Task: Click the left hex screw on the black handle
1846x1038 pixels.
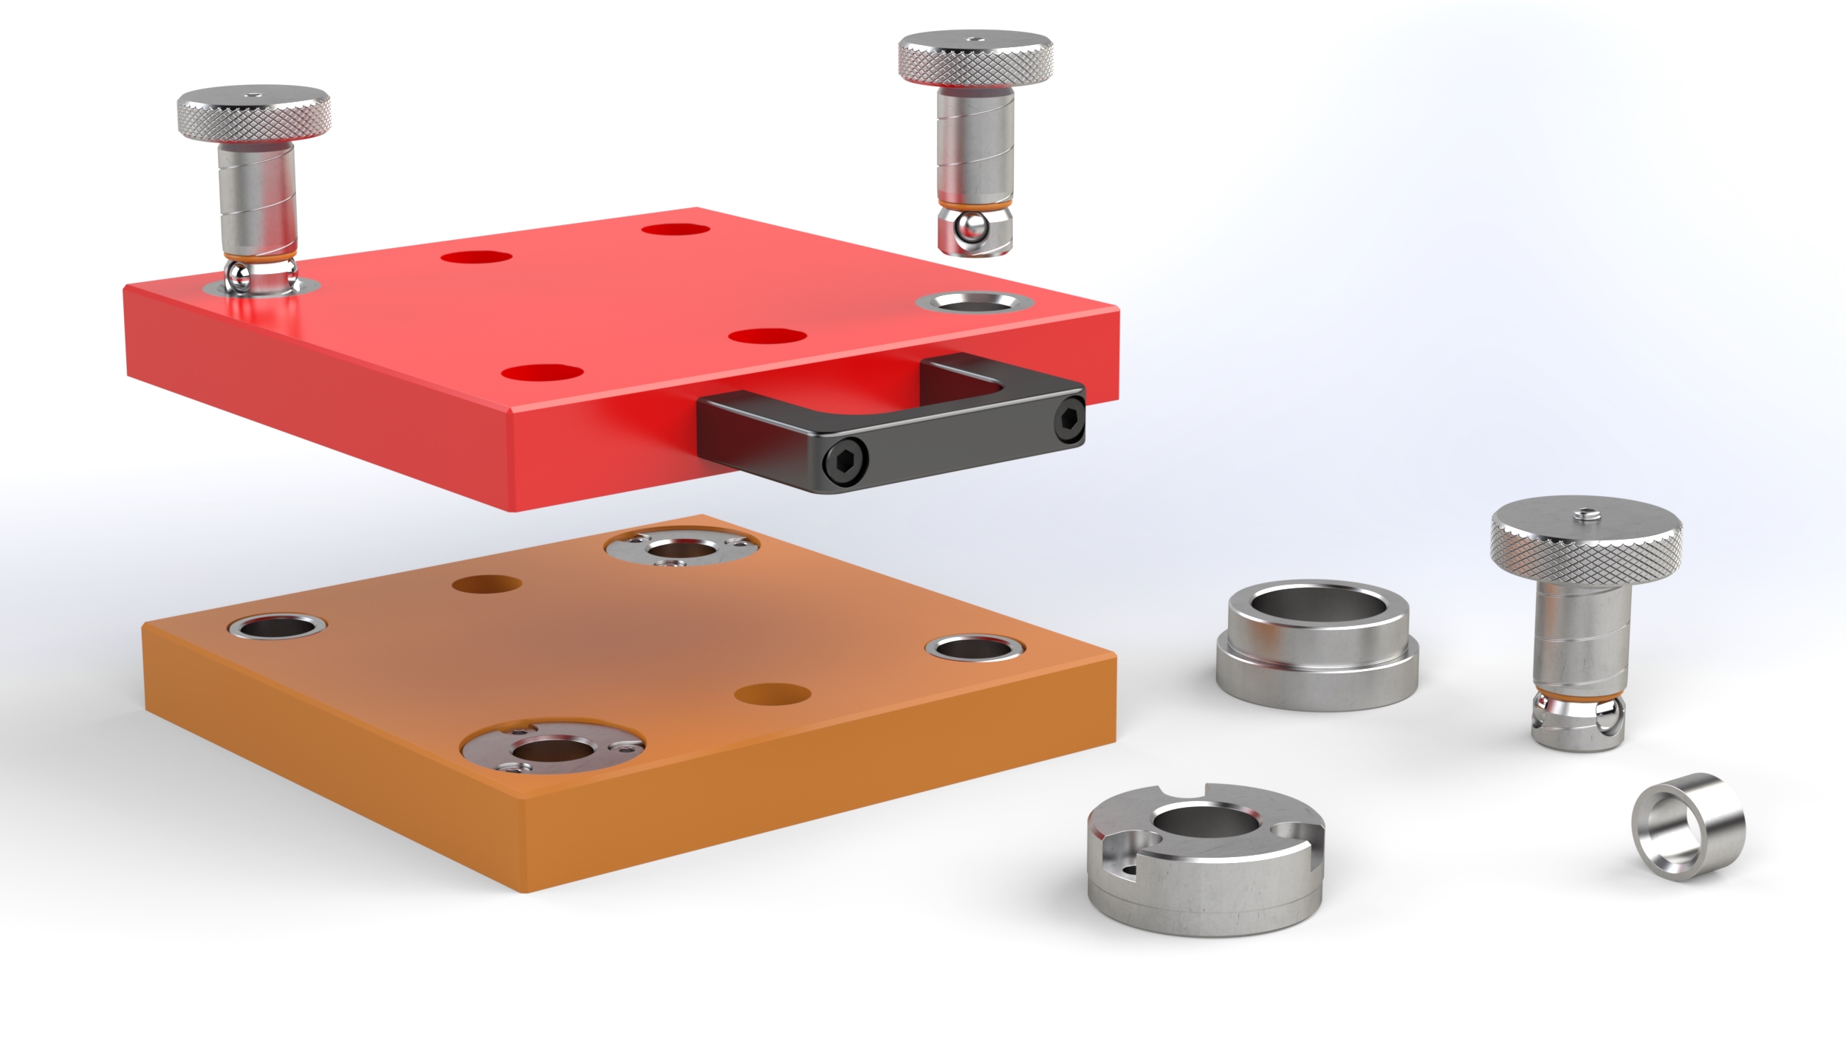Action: (x=847, y=464)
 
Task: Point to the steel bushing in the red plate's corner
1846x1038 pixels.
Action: (x=974, y=302)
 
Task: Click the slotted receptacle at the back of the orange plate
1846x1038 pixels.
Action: (x=681, y=549)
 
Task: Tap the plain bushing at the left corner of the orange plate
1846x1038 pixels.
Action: (x=277, y=627)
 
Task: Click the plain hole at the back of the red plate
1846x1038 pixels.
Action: (x=675, y=229)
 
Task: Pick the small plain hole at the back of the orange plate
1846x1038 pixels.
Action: (x=486, y=585)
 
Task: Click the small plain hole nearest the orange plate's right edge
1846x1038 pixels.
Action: (x=772, y=694)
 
